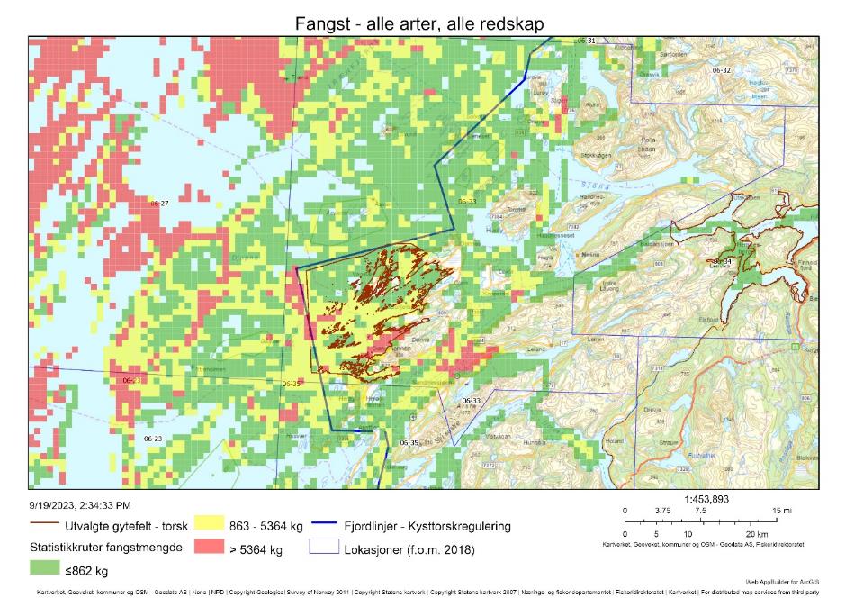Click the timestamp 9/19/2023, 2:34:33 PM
(79, 505)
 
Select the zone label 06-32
(721, 70)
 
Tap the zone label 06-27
(159, 204)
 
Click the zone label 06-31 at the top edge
(586, 41)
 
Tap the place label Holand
(614, 440)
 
